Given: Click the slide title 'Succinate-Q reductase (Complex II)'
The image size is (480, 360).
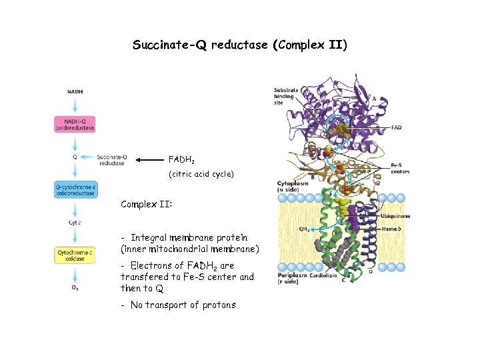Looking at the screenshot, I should (239, 45).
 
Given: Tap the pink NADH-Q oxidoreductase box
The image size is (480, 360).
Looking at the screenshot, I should (75, 124).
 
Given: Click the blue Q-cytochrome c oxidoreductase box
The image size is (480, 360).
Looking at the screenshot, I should (75, 190).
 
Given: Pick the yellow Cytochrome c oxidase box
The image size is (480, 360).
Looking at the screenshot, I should (75, 255).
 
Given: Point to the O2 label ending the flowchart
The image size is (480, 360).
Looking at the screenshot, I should (75, 288).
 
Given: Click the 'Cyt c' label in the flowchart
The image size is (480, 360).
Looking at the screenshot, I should (75, 223).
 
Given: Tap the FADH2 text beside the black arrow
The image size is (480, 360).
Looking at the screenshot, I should (181, 160).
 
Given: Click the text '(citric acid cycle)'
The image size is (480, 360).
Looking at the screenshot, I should (201, 174).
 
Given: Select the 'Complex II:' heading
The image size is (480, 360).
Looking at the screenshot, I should (146, 204).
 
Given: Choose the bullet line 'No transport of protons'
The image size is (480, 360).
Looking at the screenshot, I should (178, 305).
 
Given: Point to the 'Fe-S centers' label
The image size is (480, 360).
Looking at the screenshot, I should (400, 169).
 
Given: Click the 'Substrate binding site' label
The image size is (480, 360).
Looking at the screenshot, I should (286, 97).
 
